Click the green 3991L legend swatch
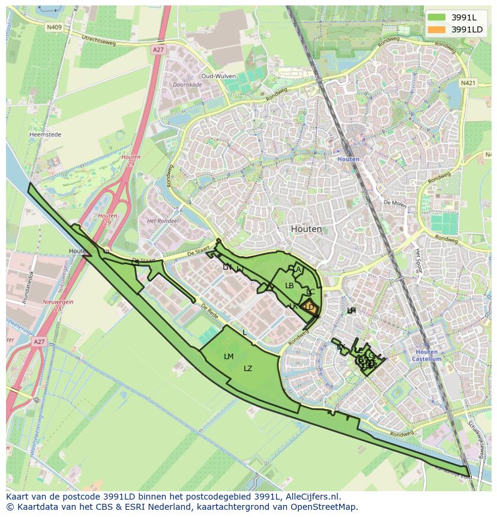(437, 17)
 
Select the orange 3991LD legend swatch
(437, 29)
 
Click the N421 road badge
(468, 82)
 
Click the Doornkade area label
(187, 85)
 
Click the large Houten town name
(306, 229)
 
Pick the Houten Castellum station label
(427, 355)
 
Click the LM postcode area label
(228, 357)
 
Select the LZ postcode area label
(248, 369)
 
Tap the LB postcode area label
(289, 286)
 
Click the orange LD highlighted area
(310, 307)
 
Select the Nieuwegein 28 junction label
(58, 305)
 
